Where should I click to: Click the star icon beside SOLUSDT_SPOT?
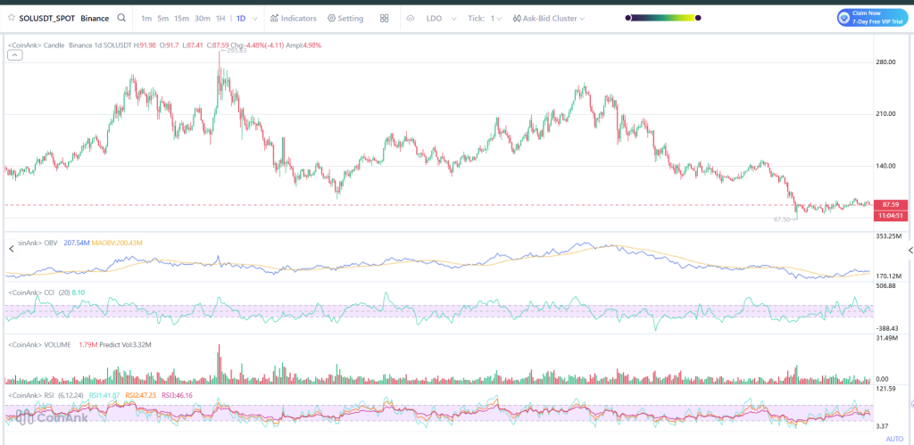click(x=11, y=18)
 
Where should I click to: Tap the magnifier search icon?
click(x=121, y=18)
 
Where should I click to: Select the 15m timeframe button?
click(x=181, y=18)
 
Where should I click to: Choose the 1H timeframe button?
click(x=220, y=18)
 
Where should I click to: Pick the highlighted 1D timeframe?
click(x=241, y=18)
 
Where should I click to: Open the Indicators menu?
click(x=294, y=18)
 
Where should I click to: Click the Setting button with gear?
click(x=345, y=18)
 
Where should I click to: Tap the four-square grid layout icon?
click(x=384, y=18)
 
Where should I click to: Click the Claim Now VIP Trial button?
click(x=871, y=18)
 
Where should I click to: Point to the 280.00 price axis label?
click(x=885, y=62)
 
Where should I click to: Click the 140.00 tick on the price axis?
click(x=885, y=166)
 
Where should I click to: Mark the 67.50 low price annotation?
click(x=782, y=219)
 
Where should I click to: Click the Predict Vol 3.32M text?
click(x=127, y=344)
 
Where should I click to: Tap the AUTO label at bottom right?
click(x=893, y=439)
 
